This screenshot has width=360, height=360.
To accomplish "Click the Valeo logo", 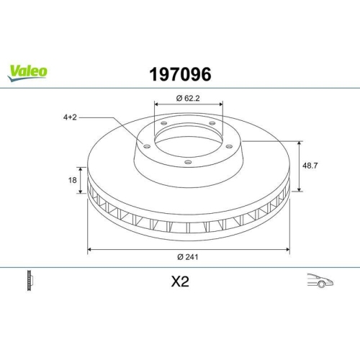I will tap(28, 71).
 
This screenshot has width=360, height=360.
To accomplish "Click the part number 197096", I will tap(179, 73).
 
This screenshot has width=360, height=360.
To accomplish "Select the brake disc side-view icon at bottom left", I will tap(30, 281).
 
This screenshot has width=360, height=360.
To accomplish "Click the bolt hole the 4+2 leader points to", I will tap(147, 147).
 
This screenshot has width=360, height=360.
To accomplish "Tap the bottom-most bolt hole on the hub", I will tap(188, 162).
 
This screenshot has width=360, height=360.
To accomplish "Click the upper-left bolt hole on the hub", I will tap(164, 124).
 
